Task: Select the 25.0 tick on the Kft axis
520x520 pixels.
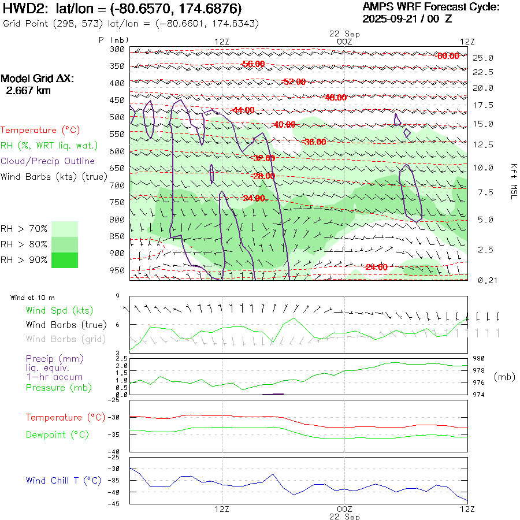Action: click(x=483, y=58)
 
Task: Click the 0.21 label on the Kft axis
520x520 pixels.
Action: click(x=482, y=280)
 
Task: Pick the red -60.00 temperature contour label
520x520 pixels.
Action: click(x=448, y=56)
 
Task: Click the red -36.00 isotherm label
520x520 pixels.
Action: click(x=315, y=142)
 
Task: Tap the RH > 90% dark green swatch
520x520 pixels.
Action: click(x=65, y=260)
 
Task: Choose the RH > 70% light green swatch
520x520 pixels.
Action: click(x=65, y=229)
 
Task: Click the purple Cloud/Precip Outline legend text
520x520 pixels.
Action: click(x=48, y=161)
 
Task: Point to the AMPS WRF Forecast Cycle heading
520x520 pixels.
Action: click(x=430, y=7)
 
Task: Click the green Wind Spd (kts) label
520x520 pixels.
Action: click(x=59, y=311)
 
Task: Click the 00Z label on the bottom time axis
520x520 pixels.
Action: click(x=344, y=509)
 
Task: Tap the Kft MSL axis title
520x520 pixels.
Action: click(x=512, y=181)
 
